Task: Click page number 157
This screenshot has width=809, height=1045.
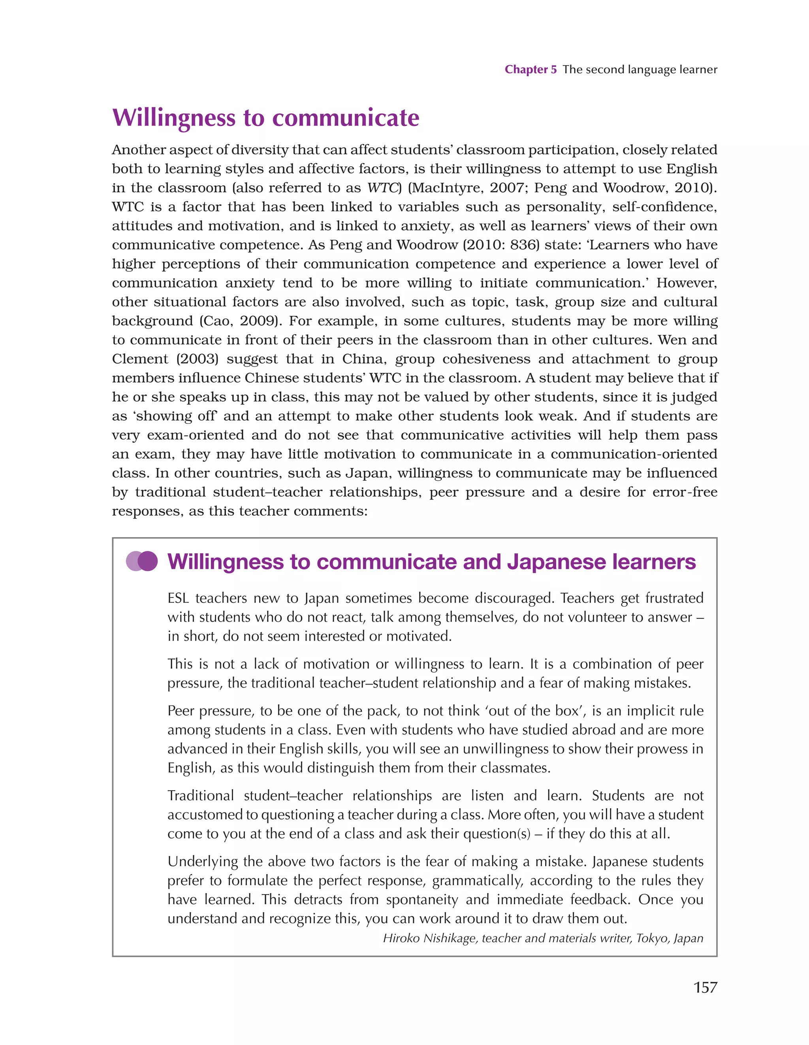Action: click(x=705, y=987)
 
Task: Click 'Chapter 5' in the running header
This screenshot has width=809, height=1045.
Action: click(x=531, y=70)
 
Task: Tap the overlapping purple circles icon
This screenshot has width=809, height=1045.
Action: click(x=142, y=561)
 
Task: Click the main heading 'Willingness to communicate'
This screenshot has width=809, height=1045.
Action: click(x=266, y=118)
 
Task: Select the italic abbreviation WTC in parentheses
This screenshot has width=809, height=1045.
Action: click(x=382, y=188)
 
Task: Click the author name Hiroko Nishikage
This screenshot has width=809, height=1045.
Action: click(x=429, y=938)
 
